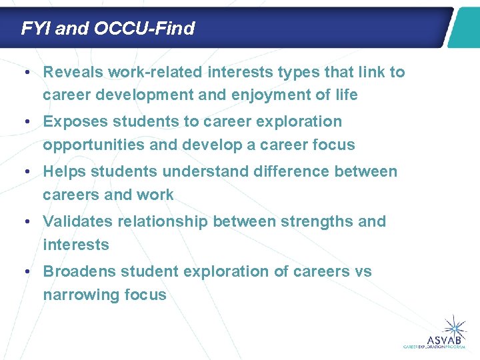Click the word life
tap(345, 95)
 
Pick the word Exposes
tap(73, 121)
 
